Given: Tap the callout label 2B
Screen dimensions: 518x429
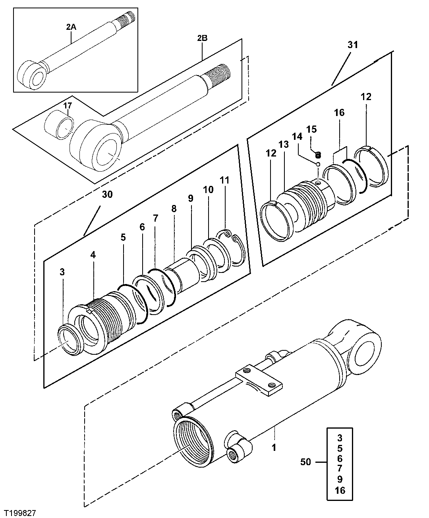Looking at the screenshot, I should [202, 39].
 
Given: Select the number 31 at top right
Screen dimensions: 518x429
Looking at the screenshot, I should [353, 45].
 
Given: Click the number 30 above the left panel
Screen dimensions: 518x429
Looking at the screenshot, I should [107, 194].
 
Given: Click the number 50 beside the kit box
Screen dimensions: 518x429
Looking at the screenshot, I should [307, 462].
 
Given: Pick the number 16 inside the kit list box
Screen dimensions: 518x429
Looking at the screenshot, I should [340, 490].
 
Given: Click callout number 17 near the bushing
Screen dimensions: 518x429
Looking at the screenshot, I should [68, 106].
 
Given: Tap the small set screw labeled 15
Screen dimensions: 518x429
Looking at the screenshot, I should [318, 154].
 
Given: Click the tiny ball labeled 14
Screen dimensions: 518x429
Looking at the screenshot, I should [319, 163].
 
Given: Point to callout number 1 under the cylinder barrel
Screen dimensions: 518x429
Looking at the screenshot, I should [274, 448].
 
